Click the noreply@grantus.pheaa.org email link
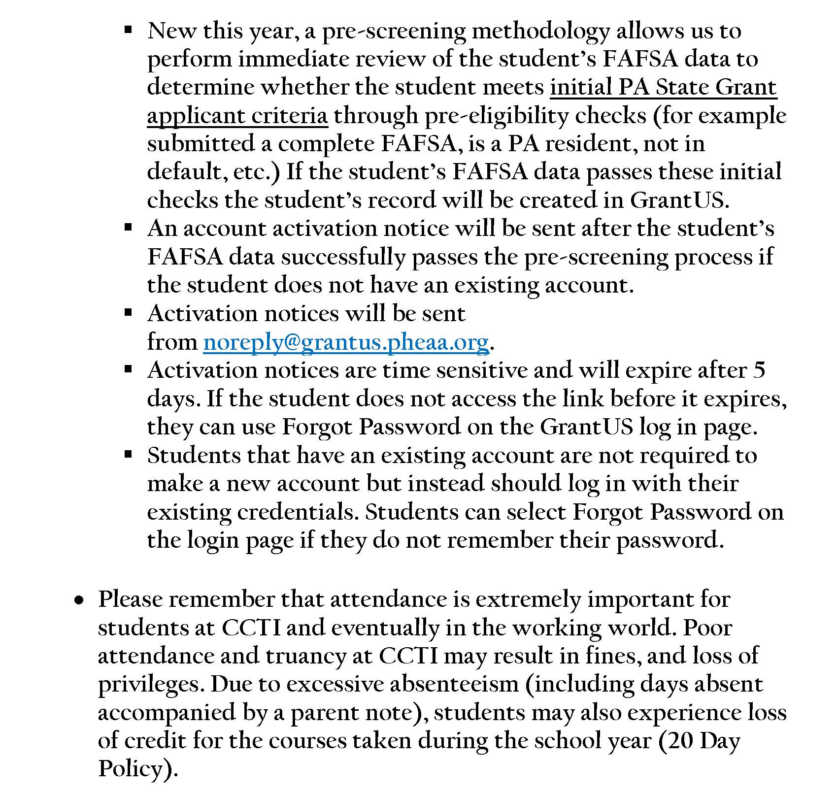pyautogui.click(x=345, y=342)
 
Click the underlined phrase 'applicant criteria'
pyautogui.click(x=237, y=116)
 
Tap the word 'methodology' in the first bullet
pyautogui.click(x=540, y=32)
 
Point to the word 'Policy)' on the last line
pyautogui.click(x=137, y=769)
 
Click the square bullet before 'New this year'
pyautogui.click(x=129, y=30)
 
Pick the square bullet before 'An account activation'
pyautogui.click(x=129, y=228)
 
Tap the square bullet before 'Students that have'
pyautogui.click(x=129, y=455)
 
